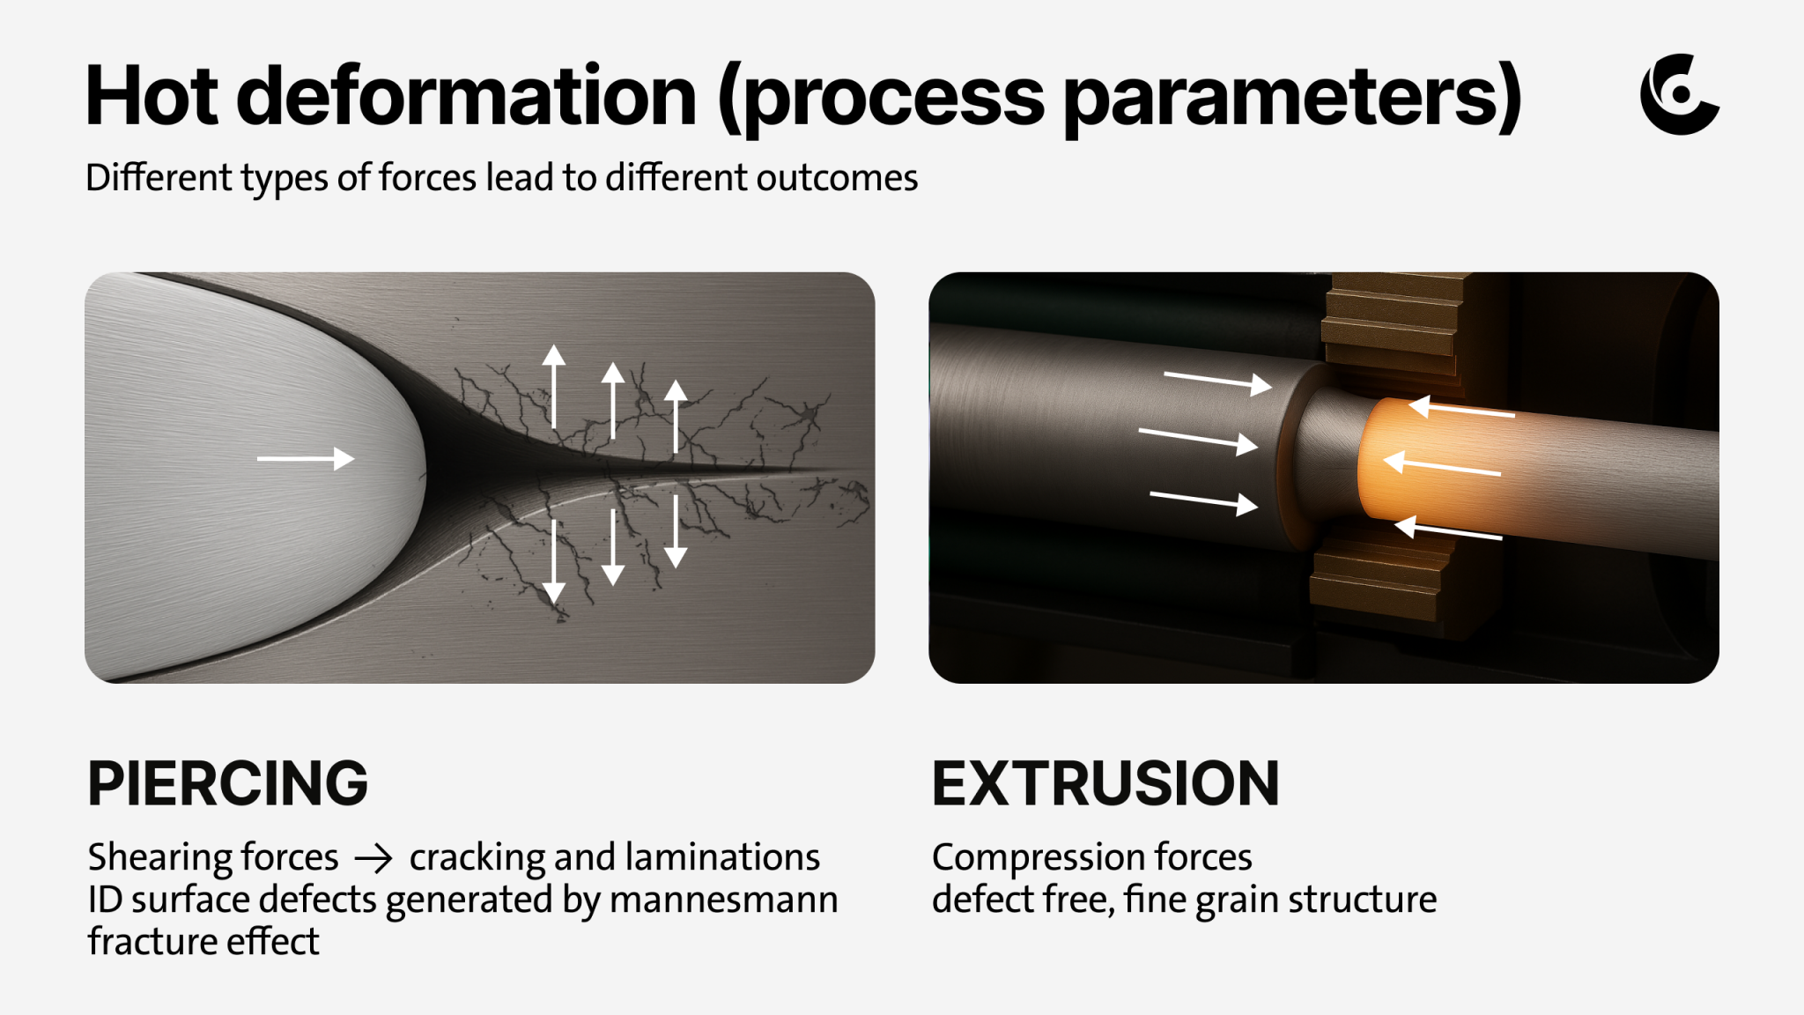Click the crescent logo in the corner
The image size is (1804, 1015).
click(x=1678, y=95)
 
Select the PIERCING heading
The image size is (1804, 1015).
click(x=227, y=783)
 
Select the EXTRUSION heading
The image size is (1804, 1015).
click(x=1105, y=783)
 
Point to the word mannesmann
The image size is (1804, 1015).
click(x=723, y=900)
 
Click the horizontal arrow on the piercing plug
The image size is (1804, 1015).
click(x=305, y=459)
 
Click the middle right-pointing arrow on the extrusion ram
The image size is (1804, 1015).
click(x=1197, y=439)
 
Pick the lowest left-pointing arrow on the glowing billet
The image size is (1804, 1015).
click(x=1448, y=530)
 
